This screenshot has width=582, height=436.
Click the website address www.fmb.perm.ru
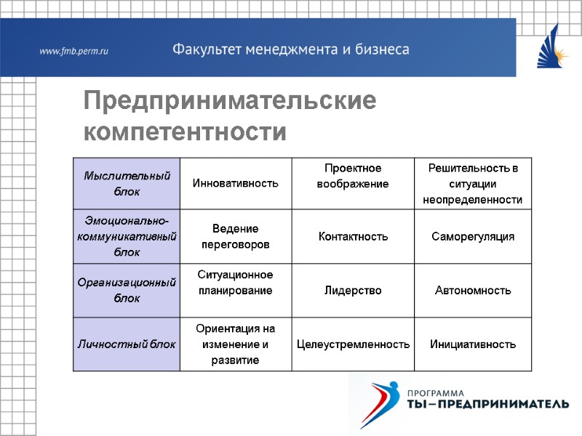pyautogui.click(x=73, y=51)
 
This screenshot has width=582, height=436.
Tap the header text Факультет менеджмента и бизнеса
pyautogui.click(x=290, y=49)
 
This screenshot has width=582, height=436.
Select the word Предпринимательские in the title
pyautogui.click(x=230, y=101)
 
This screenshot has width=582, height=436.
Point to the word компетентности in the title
pyautogui.click(x=185, y=133)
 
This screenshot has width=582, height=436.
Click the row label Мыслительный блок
pyautogui.click(x=127, y=183)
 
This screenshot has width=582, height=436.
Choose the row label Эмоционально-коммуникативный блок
pyautogui.click(x=127, y=236)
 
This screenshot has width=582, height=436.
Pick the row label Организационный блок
pyautogui.click(x=127, y=290)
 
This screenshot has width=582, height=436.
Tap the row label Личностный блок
pyautogui.click(x=127, y=344)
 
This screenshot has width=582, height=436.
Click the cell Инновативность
pyautogui.click(x=235, y=183)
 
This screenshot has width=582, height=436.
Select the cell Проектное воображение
pyautogui.click(x=353, y=176)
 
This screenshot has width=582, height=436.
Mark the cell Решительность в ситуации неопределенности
pyautogui.click(x=472, y=183)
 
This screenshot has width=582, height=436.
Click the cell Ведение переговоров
pyautogui.click(x=235, y=236)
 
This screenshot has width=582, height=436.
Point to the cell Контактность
pyautogui.click(x=353, y=237)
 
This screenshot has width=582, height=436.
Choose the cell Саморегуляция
pyautogui.click(x=472, y=237)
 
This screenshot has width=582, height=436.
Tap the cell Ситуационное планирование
pyautogui.click(x=235, y=282)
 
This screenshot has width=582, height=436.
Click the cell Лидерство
pyautogui.click(x=353, y=290)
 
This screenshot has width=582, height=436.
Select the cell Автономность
pyautogui.click(x=472, y=290)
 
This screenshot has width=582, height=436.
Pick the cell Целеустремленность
pyautogui.click(x=353, y=344)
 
